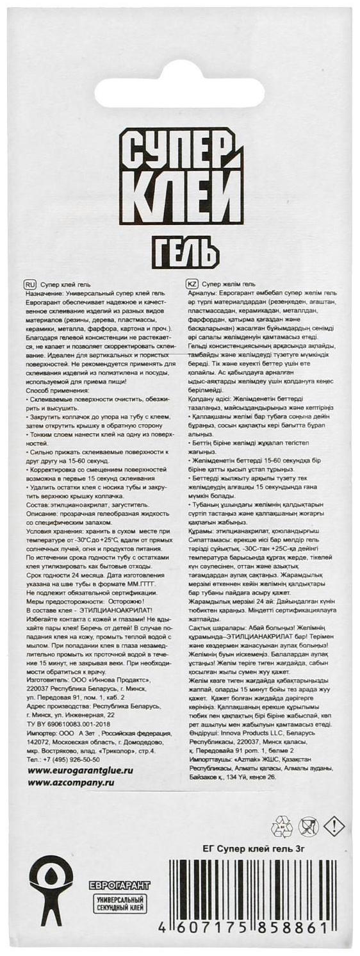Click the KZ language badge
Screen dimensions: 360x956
click(191, 283)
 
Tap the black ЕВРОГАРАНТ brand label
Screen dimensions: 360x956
click(119, 886)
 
